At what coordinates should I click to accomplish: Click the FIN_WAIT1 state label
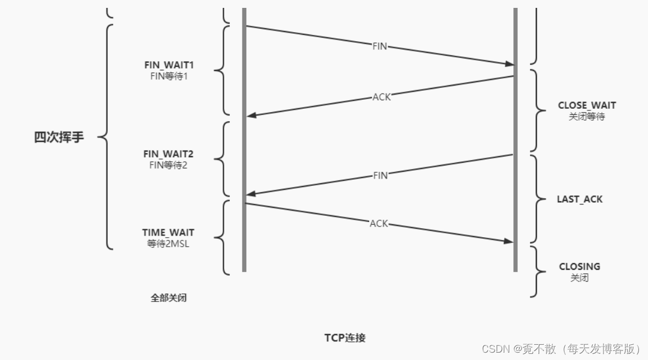tap(168, 65)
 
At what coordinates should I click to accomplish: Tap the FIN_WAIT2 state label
tap(168, 154)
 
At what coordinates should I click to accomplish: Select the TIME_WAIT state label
tap(168, 232)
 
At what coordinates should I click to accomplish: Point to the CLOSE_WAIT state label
tap(587, 105)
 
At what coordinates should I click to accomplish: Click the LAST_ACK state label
tap(579, 199)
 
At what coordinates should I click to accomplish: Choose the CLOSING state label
tap(579, 266)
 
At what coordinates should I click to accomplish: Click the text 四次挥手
tap(59, 137)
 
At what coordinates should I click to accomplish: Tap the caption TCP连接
tap(345, 338)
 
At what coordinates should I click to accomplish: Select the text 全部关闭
tap(168, 298)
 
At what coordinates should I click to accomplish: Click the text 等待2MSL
tap(168, 243)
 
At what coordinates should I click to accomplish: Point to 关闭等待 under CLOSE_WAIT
tap(587, 117)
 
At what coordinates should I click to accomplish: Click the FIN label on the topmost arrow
tap(380, 46)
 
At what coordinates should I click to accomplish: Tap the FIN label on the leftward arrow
tap(380, 175)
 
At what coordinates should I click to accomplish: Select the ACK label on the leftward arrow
tap(381, 97)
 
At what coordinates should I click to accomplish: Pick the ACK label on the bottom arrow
tap(379, 224)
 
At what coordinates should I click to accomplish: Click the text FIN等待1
tap(168, 76)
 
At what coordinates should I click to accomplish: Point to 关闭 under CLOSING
tap(579, 278)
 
